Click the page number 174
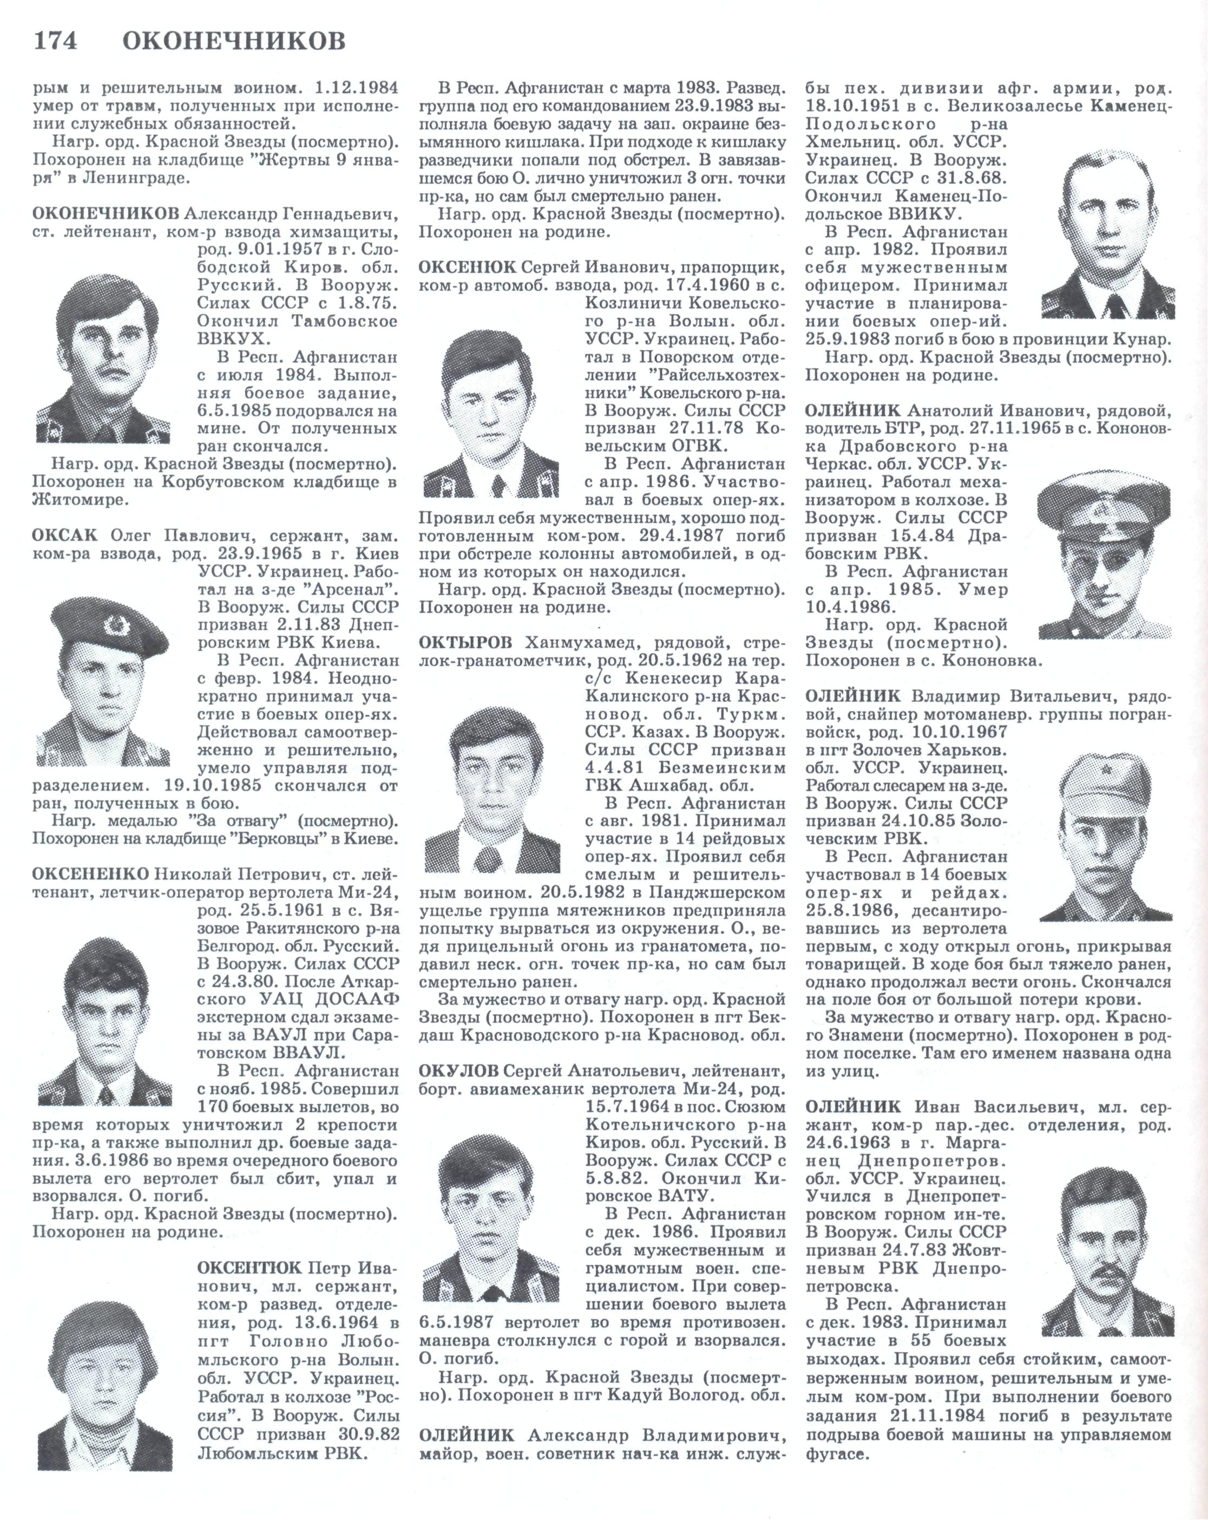click(55, 41)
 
